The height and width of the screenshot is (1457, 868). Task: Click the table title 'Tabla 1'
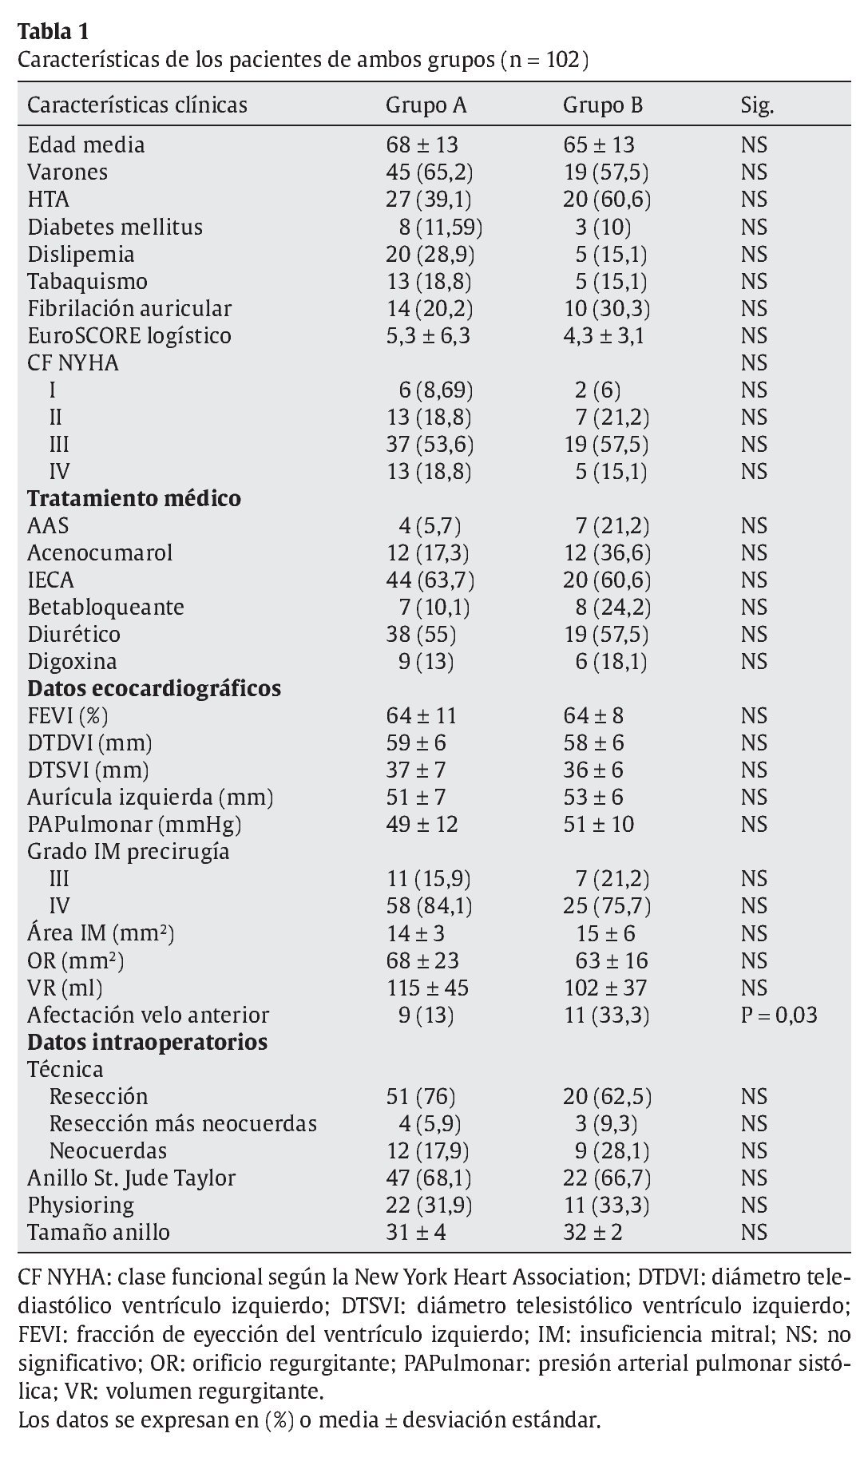[53, 32]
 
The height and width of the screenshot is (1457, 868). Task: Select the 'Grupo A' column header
[426, 105]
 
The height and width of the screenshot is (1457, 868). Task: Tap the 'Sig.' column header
[757, 105]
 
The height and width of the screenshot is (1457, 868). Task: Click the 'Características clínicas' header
[137, 105]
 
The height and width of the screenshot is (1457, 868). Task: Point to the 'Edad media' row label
[86, 145]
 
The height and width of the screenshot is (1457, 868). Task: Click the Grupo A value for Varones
[429, 172]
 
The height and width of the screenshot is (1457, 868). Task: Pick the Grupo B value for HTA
[607, 200]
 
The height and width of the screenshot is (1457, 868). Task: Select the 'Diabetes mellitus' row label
[115, 227]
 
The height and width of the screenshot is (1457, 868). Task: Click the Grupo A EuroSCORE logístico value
[428, 335]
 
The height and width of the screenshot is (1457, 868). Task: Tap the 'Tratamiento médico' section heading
[134, 498]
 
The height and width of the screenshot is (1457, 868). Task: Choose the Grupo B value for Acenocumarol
[607, 552]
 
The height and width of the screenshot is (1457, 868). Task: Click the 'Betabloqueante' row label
[105, 607]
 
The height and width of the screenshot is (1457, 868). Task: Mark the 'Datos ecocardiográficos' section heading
[154, 688]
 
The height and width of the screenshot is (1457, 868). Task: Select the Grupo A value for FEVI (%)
[422, 716]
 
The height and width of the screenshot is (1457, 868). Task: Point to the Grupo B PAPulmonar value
[599, 824]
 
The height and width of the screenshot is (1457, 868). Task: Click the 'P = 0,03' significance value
[779, 1015]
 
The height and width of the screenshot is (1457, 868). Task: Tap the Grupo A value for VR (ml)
[427, 988]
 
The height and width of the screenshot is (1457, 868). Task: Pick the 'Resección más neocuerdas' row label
[183, 1123]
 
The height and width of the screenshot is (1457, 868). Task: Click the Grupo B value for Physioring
[606, 1205]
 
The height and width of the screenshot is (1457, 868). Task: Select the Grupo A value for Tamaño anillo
[416, 1232]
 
